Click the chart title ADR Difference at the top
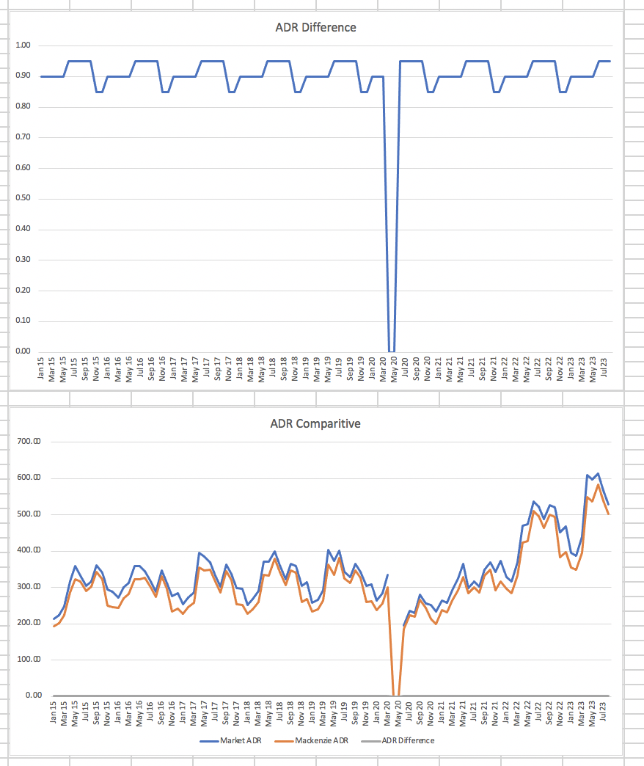click(x=315, y=28)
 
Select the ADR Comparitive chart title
click(x=315, y=423)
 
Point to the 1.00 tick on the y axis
click(x=23, y=45)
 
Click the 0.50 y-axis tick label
click(x=23, y=198)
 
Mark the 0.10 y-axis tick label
click(x=23, y=321)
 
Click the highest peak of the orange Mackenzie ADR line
click(x=599, y=484)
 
